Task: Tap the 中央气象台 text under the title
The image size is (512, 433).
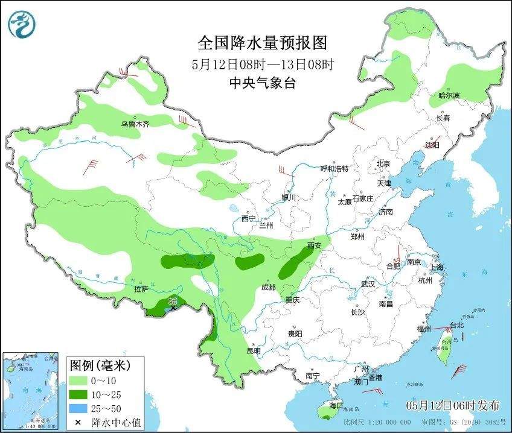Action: [262, 84]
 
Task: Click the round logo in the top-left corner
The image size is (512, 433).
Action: [22, 24]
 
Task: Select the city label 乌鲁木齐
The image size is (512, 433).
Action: [134, 124]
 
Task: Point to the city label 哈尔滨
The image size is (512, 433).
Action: [449, 96]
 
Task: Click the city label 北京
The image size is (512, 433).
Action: [383, 163]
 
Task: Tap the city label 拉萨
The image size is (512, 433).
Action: [141, 289]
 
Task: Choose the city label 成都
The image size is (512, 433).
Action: [269, 287]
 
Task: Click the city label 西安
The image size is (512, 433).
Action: [315, 245]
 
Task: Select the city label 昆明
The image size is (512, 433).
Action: [254, 350]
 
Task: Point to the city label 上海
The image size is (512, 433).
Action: [437, 267]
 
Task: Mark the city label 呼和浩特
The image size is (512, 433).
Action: [334, 169]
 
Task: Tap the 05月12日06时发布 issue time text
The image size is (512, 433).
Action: [453, 404]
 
